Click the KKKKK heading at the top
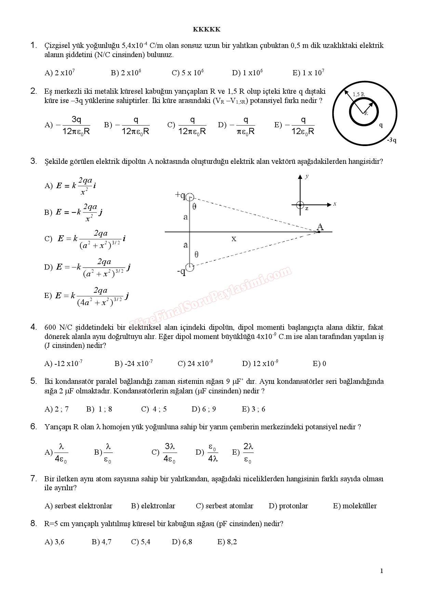point(207,29)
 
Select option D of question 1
point(247,73)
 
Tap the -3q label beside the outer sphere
point(392,140)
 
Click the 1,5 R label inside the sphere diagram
point(358,94)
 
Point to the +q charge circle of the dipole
point(190,197)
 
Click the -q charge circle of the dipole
point(190,267)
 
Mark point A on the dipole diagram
point(319,232)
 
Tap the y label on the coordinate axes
point(307,176)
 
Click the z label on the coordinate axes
point(307,208)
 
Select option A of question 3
point(70,186)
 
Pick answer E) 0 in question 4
point(319,364)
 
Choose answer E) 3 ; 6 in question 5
point(253,409)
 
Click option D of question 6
point(207,453)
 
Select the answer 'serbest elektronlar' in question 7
point(78,506)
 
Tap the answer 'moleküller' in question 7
point(355,506)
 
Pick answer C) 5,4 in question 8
point(141,542)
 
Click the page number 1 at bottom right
point(382,571)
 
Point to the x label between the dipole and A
point(234,239)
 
